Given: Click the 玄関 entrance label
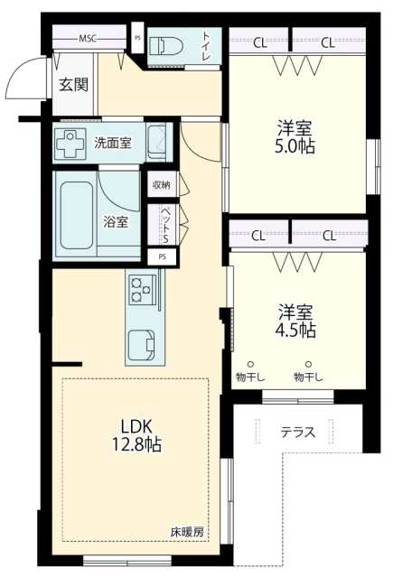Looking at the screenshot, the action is pos(74,85).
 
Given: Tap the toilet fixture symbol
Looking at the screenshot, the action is pos(166,46).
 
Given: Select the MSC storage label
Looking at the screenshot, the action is pos(88,38).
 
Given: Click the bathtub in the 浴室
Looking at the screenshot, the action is pos(76,215).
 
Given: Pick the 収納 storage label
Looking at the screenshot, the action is pos(162,184).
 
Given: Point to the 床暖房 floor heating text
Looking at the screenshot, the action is pos(187,532).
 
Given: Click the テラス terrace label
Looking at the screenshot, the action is pos(298,432).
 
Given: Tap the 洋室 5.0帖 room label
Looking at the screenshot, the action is pos(295,137).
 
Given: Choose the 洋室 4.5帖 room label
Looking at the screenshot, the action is pos(295,321).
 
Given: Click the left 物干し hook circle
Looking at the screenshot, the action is pos(250,364).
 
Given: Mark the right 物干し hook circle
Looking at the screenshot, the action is pos(309,364).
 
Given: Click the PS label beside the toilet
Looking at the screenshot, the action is pos(137,38).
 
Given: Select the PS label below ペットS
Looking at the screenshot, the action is pos(163,257).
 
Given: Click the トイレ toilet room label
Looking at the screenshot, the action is pos(206,47).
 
